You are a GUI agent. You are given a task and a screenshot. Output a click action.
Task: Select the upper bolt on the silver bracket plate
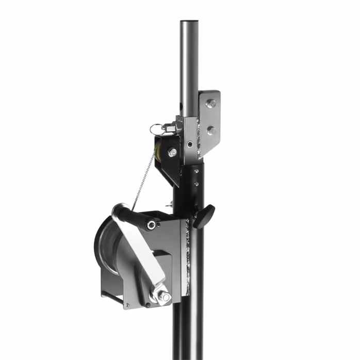click(211, 104)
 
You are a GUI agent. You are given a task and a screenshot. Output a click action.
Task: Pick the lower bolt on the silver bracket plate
click(211, 130)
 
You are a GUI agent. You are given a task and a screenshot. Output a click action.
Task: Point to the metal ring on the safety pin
click(157, 129)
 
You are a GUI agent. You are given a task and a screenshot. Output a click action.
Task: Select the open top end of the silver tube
click(189, 23)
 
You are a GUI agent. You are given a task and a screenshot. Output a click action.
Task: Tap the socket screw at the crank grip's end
click(151, 225)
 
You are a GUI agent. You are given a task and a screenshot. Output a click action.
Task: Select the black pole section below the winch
click(190, 330)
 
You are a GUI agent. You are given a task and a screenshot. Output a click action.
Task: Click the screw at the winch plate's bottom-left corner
click(127, 305)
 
